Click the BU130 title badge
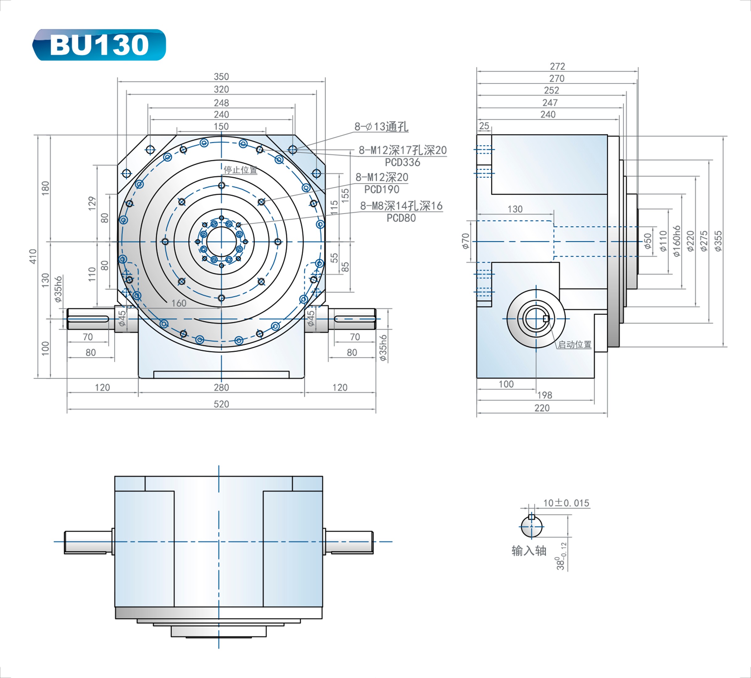pos(99,45)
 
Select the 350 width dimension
pos(221,77)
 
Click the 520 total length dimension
pos(221,404)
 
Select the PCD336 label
pos(402,162)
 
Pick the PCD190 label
pos(382,189)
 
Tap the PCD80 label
pos(401,218)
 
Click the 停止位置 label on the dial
pos(240,170)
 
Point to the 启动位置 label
pos(574,345)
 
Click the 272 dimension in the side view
pos(557,66)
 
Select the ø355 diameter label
pos(718,241)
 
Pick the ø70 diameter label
pos(465,241)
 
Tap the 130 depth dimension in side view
pos(515,209)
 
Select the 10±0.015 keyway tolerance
pos(566,503)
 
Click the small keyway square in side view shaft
pos(546,318)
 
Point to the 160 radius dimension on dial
pos(178,303)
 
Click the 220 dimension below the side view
pos(542,408)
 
